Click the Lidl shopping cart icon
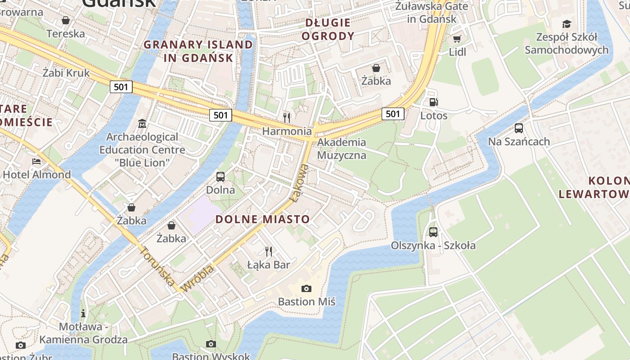457,39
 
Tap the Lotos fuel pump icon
434,103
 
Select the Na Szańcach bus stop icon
519,128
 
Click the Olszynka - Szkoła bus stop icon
433,232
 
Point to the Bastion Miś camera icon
306,288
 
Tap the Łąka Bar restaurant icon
269,251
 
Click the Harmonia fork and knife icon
287,118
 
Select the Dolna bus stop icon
220,177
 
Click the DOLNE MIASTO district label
263,220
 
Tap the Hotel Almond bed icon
36,162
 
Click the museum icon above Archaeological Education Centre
142,123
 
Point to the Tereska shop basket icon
66,21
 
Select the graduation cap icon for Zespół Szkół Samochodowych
567,24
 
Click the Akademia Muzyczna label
342,149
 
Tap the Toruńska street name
157,266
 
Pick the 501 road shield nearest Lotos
393,114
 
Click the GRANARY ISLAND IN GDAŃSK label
198,51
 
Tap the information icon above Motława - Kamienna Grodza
83,313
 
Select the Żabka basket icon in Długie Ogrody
376,68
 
